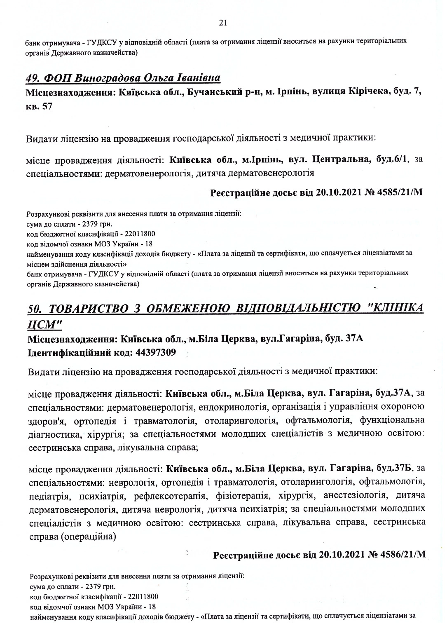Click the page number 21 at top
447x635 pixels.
coord(223,23)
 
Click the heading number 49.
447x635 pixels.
coord(33,78)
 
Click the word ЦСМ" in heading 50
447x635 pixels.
coord(45,325)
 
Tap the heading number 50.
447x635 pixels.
coord(35,309)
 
